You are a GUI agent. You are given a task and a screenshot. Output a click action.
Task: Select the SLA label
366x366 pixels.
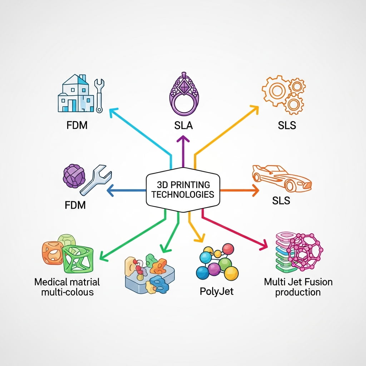click(183, 126)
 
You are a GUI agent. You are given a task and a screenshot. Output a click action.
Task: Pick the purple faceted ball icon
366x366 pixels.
click(73, 176)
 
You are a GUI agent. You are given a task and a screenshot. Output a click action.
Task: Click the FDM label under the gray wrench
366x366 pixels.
click(75, 206)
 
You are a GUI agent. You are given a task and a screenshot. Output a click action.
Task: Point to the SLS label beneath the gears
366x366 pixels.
click(287, 126)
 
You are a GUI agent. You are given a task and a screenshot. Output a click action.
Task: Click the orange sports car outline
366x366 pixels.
click(282, 178)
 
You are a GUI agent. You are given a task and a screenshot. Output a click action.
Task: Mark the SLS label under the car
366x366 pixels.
click(281, 201)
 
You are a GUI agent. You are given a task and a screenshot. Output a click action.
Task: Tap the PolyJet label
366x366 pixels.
click(217, 291)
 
